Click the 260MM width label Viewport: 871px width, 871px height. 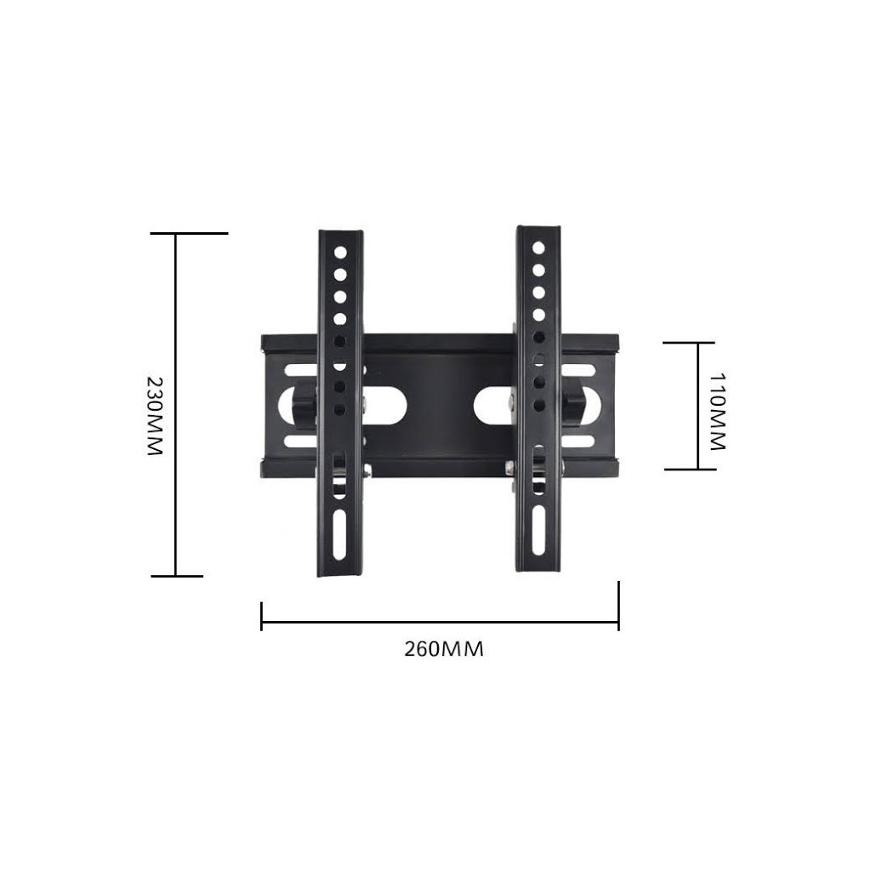point(444,649)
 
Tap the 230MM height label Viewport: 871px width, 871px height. point(154,416)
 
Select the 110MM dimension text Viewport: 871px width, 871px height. point(716,411)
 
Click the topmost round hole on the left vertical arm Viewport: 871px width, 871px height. point(339,253)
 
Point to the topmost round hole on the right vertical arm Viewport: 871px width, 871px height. point(538,248)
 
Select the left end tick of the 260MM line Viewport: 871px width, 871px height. point(261,617)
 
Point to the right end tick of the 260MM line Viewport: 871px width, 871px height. point(618,606)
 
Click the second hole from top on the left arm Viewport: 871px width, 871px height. point(339,275)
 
